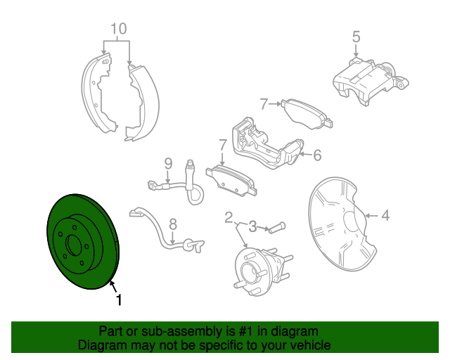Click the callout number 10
[x=118, y=29]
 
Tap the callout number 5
[x=356, y=36]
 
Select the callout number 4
[x=385, y=216]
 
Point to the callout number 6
[x=317, y=155]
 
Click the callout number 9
[x=169, y=163]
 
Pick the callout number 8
[x=173, y=224]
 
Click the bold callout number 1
[x=119, y=300]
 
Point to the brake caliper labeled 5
[x=366, y=81]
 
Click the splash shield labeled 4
[x=337, y=225]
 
